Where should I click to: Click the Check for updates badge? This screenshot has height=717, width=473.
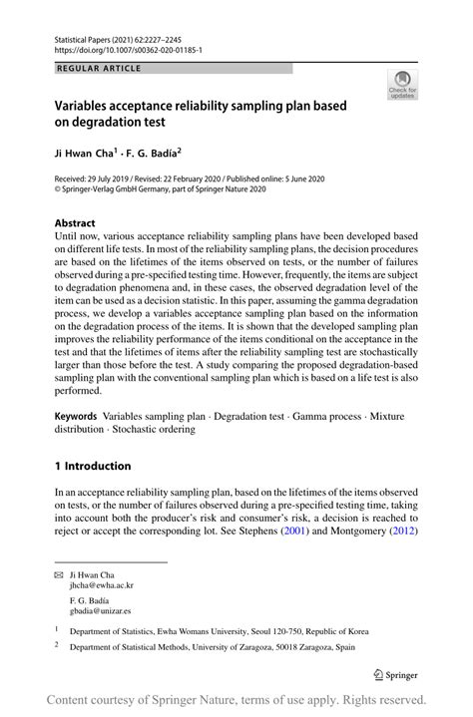click(x=402, y=86)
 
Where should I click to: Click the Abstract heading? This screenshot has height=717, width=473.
click(x=75, y=223)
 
